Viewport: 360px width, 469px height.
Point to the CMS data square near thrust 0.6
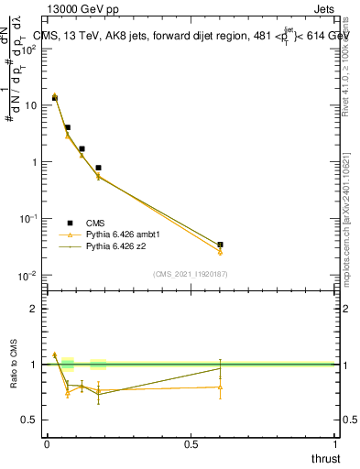coord(220,245)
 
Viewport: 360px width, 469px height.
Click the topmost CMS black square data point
coord(55,97)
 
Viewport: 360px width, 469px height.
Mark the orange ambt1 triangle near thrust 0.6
coord(220,252)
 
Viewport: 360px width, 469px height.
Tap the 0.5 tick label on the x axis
coord(191,444)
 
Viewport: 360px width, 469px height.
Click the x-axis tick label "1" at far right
coord(335,444)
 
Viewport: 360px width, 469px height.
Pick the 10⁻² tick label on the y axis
coord(29,276)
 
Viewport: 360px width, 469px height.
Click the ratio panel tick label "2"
coord(34,309)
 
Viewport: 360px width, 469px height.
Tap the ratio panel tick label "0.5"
coord(29,420)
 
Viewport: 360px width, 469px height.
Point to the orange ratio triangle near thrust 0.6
coord(220,387)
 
